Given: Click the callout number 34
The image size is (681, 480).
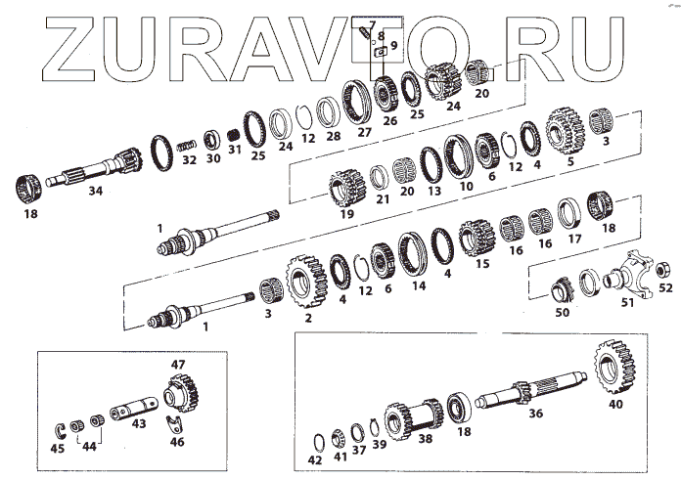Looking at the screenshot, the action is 95,191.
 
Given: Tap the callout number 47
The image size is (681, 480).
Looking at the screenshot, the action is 178,365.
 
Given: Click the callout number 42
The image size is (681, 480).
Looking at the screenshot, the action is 314,459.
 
